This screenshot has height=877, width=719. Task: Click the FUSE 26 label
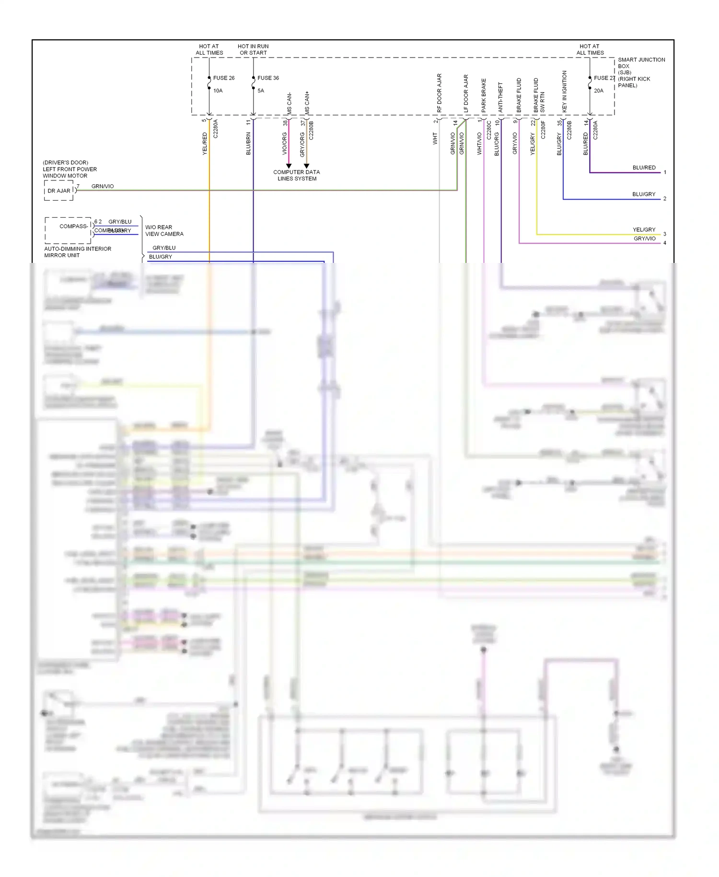[223, 78]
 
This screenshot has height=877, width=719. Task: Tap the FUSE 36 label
[268, 78]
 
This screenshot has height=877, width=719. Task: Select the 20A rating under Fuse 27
[598, 91]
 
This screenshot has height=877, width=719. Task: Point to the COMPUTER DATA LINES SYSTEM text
[296, 175]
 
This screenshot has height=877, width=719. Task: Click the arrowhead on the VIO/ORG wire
[289, 166]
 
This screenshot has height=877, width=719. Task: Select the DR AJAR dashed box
[58, 190]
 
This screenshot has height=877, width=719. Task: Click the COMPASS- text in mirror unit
[73, 226]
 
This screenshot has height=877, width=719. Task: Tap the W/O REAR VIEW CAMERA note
[164, 230]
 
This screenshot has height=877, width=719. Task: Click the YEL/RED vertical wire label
[205, 144]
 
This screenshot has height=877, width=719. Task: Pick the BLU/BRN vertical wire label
[248, 144]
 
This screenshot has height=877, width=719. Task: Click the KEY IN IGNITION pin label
[564, 92]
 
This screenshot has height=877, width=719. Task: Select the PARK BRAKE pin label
[484, 95]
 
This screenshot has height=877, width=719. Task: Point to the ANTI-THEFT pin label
[500, 97]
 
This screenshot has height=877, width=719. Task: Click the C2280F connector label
[543, 130]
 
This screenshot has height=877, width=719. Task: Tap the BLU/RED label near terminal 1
[644, 167]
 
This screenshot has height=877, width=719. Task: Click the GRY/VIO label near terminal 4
[644, 238]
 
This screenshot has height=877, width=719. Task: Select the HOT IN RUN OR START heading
[253, 49]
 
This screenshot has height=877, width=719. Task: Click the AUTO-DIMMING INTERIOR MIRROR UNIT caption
[77, 252]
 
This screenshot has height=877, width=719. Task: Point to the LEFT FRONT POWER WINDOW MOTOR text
[70, 169]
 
